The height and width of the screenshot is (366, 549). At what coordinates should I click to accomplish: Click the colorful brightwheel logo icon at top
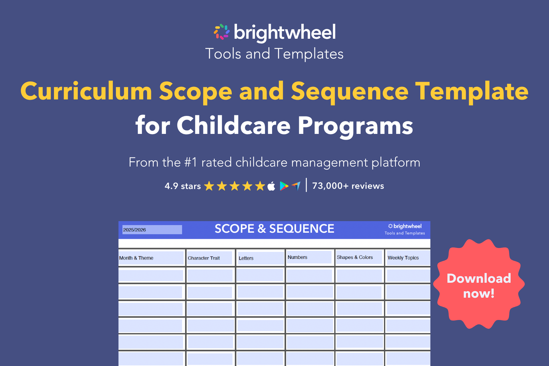222,32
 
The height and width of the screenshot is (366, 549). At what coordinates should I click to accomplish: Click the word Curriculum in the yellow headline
86,91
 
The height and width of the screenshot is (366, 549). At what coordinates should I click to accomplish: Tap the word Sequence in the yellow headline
350,91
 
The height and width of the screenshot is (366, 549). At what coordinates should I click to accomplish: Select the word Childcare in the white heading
233,125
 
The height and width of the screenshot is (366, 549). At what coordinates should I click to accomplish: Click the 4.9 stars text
182,186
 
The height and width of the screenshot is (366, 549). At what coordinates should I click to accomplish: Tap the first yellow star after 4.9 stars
209,186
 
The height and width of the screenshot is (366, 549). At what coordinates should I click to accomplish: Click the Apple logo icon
271,186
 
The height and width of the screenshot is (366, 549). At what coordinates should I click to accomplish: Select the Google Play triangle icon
284,186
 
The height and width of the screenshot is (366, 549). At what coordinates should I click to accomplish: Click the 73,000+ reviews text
348,186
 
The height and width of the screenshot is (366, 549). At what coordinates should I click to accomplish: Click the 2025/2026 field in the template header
152,230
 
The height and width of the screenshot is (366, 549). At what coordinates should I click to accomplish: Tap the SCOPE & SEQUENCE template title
274,229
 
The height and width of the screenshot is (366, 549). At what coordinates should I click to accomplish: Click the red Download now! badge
479,285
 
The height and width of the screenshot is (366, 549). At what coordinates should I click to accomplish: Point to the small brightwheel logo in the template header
405,226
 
